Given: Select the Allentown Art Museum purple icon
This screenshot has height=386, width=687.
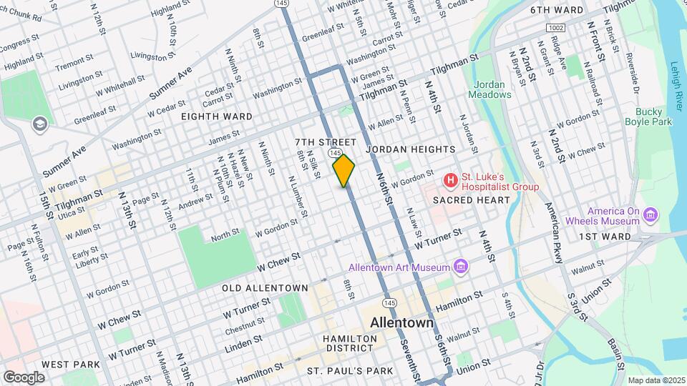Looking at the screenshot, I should click(x=461, y=267).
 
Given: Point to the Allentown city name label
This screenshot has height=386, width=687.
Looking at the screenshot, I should click(x=401, y=323).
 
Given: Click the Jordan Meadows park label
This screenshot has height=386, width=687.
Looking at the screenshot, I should click(x=490, y=89).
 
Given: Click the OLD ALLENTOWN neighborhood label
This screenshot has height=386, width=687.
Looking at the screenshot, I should click(x=265, y=288).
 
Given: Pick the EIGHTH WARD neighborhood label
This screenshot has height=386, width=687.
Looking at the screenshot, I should click(x=216, y=116).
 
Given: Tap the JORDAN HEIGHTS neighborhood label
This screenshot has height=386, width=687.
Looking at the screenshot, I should click(x=411, y=149).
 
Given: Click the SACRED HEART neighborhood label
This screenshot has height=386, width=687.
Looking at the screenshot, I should click(x=472, y=200).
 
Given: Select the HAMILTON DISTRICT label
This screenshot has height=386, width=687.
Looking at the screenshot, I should click(x=348, y=342).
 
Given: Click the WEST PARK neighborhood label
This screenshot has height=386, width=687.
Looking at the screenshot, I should click(x=70, y=365).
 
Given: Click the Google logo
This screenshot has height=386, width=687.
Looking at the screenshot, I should click(x=24, y=377).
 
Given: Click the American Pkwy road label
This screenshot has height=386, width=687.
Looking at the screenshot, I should click(x=552, y=233).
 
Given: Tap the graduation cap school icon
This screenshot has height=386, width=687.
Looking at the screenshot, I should click(x=39, y=124).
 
